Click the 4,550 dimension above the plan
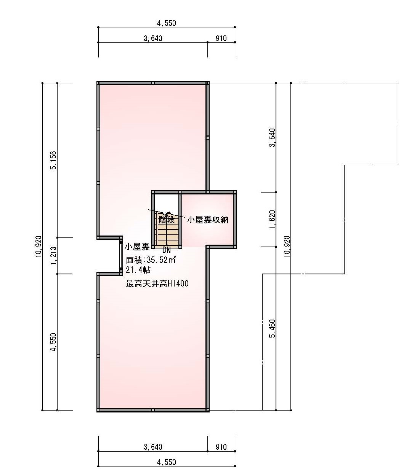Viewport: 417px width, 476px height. [167, 23]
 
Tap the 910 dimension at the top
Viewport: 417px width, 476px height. [221, 38]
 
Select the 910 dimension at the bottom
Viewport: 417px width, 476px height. [221, 447]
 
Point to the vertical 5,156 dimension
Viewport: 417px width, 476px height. [53, 160]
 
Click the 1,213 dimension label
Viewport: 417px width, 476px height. [53, 255]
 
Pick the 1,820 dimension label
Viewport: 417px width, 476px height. [272, 219]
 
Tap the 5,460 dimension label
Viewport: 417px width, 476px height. [272, 328]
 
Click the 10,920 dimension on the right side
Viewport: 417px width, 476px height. [287, 247]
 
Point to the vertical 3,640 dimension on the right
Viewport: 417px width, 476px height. [272, 137]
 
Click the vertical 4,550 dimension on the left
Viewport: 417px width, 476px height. [53, 342]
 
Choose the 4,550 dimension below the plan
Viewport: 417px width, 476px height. [167, 462]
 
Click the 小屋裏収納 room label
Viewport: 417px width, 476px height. [207, 220]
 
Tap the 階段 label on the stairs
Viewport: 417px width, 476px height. [167, 220]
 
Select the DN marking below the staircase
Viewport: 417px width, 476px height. [167, 250]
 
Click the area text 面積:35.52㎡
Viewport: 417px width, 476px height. [151, 259]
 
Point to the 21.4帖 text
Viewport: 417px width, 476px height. [138, 270]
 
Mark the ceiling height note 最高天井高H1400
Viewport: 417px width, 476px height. [157, 284]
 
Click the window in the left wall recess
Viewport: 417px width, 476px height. [121, 256]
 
